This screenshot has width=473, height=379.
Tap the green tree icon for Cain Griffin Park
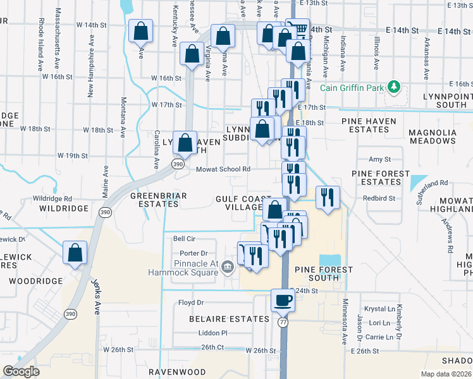tap(394, 86)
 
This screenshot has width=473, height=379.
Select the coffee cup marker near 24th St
tap(282, 299)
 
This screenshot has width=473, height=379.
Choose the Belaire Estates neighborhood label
tap(229, 319)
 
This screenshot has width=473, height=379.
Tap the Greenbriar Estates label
tap(158, 200)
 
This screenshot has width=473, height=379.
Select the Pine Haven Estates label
tap(369, 125)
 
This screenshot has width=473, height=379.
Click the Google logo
tap(21, 371)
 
